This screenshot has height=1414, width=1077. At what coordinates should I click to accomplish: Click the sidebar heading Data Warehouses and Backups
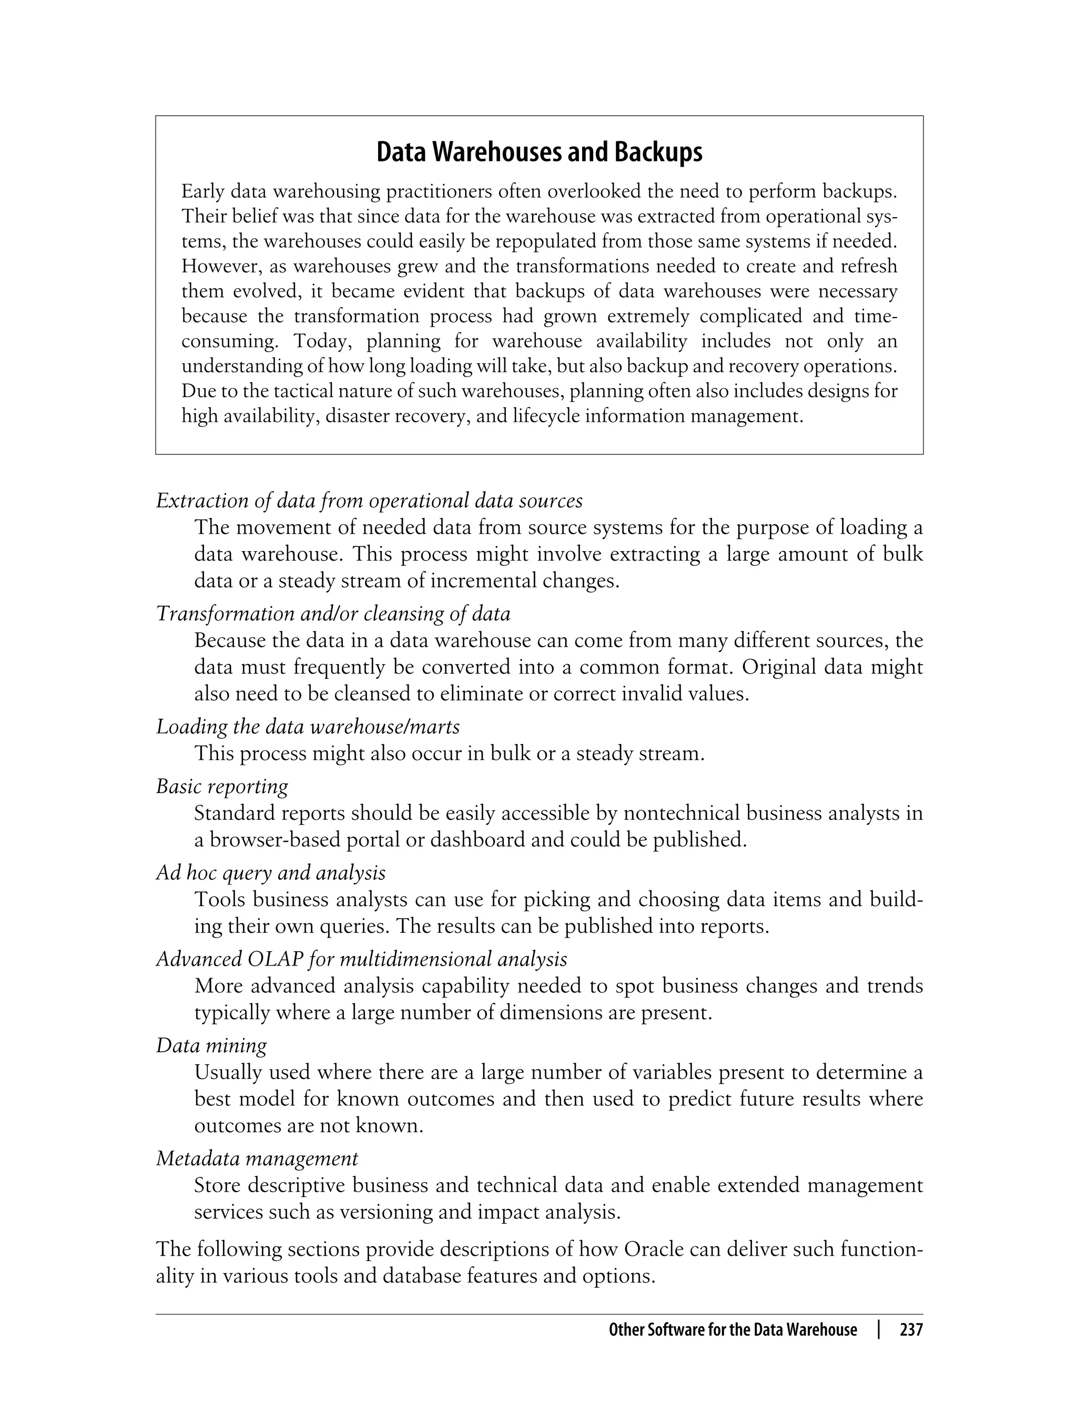coord(539,152)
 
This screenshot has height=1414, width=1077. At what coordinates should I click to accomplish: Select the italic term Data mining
coord(211,1045)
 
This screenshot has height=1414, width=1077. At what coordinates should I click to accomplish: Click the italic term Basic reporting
coord(222,786)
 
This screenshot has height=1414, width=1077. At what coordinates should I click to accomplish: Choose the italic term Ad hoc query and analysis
coord(270,872)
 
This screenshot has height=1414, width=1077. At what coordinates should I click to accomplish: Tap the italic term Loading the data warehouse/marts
coord(308,726)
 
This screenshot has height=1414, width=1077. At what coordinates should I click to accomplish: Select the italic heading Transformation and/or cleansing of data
coord(333,614)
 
